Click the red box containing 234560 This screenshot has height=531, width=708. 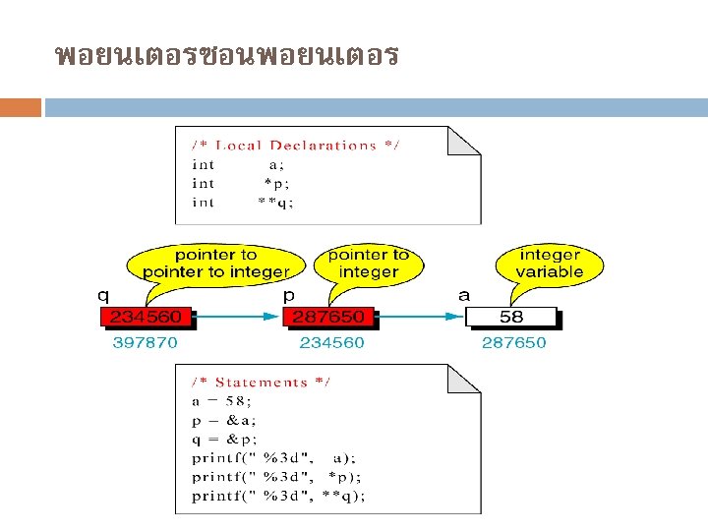point(145,318)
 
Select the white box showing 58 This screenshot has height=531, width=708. point(510,318)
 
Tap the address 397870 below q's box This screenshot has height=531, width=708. point(145,343)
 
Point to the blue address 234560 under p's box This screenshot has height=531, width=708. point(331,343)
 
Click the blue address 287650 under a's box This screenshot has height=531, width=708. point(513,343)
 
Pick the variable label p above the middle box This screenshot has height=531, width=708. point(290,293)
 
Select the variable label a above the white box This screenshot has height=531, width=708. point(464,293)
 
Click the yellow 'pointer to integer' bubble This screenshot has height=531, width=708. point(368,264)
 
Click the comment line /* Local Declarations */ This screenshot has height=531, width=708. point(296,146)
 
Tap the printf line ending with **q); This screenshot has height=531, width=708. point(279,495)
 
